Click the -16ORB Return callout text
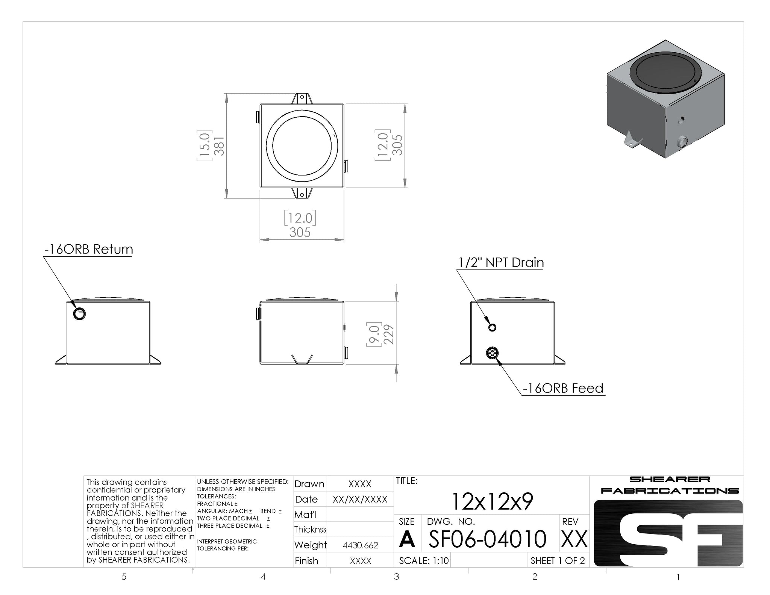point(88,249)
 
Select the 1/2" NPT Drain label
point(501,262)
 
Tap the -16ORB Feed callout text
point(563,388)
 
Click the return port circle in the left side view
point(80,313)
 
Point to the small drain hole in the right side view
point(492,327)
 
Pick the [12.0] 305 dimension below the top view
point(300,225)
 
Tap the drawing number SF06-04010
point(487,539)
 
